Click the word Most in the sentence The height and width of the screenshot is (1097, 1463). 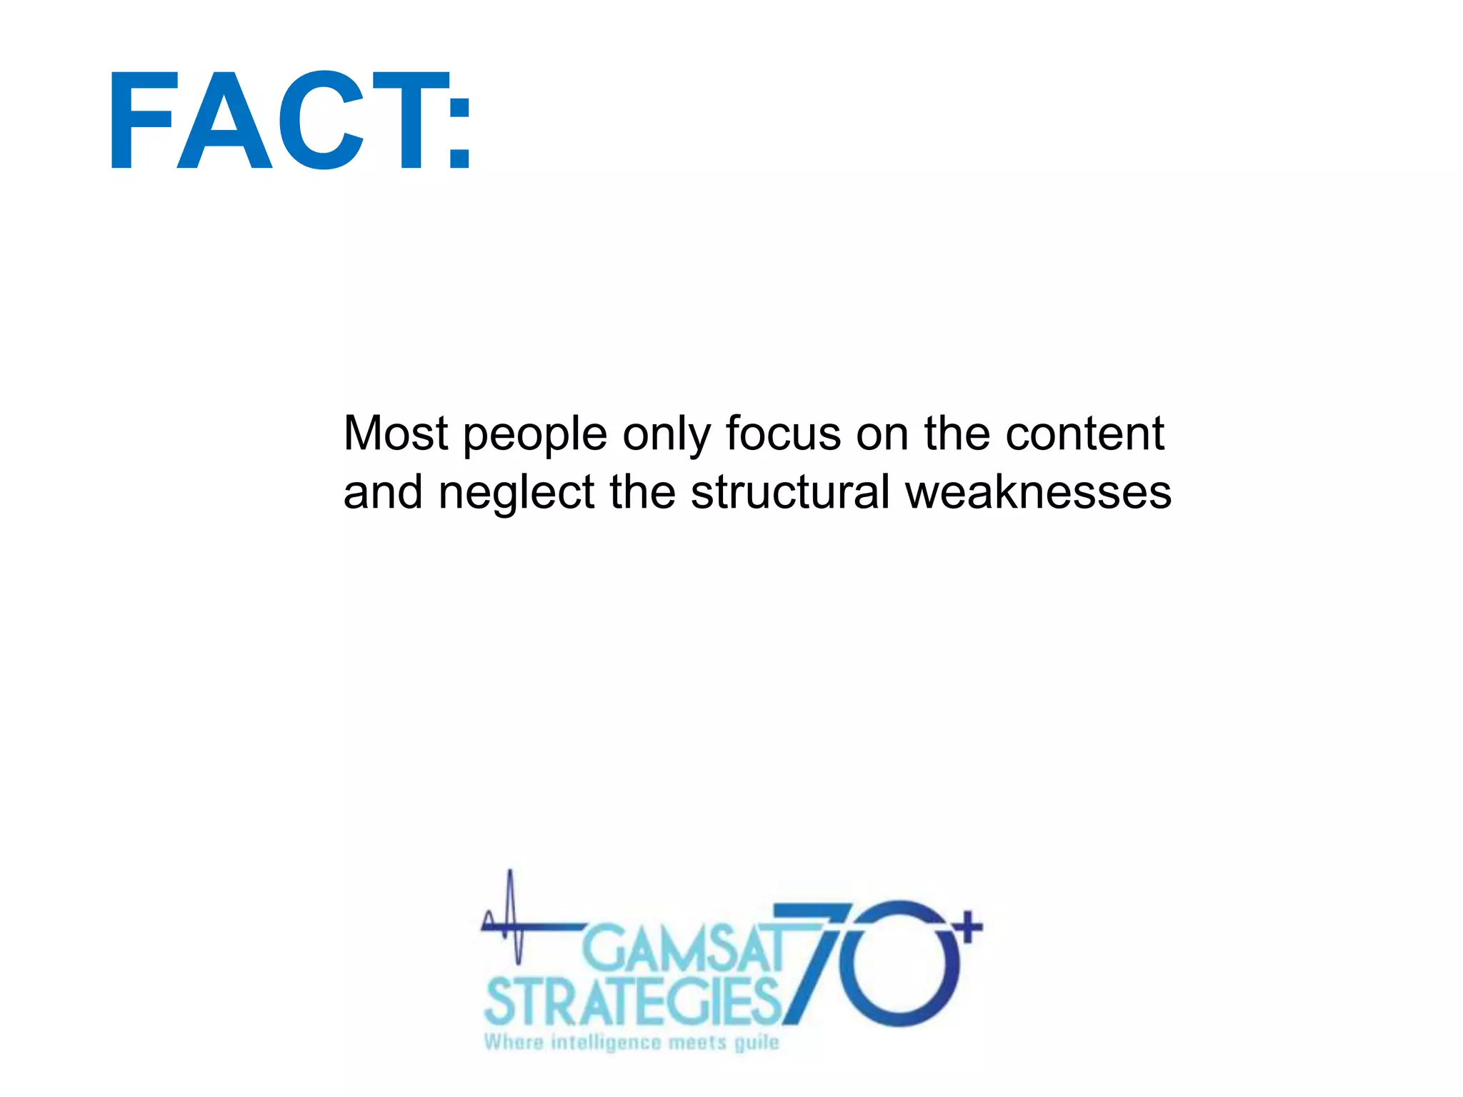395,434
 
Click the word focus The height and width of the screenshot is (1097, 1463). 783,434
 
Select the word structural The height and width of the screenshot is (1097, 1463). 790,493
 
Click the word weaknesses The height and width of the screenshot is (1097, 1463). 1039,493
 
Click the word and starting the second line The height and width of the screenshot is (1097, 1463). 383,493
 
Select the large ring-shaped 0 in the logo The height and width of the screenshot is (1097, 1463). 902,964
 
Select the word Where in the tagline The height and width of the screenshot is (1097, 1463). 513,1042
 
